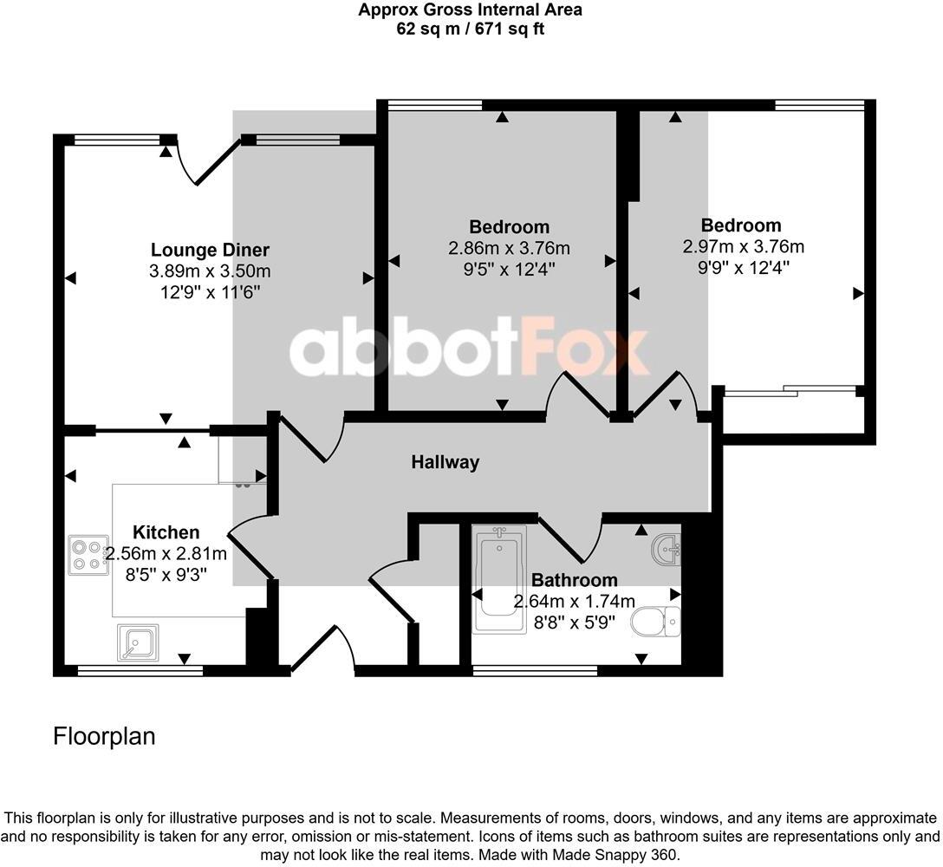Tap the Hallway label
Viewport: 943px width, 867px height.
point(445,462)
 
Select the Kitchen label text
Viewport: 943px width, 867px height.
point(166,532)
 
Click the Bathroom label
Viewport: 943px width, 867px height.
point(574,580)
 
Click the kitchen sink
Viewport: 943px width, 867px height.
point(137,642)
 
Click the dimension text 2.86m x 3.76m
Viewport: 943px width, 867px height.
point(509,248)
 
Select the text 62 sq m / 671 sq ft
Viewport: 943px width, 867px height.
point(471,29)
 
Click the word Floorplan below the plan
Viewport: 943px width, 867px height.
point(104,737)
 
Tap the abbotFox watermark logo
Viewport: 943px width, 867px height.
point(469,350)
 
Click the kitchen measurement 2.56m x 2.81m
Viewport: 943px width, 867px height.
point(166,554)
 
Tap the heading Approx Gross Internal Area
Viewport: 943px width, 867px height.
point(471,10)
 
